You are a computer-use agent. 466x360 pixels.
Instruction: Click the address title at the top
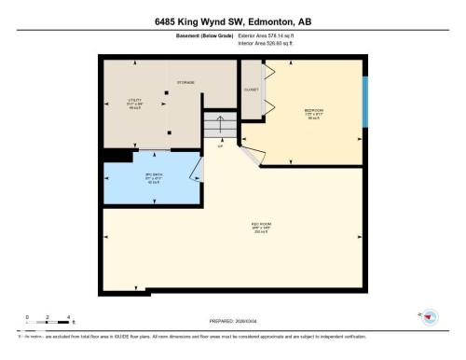point(232,19)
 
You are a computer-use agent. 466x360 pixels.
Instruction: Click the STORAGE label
point(185,82)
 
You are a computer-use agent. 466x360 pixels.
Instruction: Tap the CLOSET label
point(251,90)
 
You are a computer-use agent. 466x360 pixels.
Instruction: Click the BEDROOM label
point(314,111)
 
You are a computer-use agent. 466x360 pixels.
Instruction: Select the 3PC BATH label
point(144,175)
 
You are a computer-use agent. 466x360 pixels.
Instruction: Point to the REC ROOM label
point(261,225)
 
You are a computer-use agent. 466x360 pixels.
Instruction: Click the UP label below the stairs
point(220,146)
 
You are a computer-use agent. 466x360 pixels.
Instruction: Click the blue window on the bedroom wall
point(365,91)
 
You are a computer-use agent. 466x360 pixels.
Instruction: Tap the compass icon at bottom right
point(430,316)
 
